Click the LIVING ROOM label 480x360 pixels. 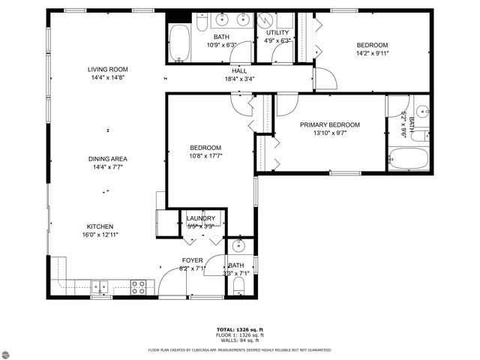click(109, 69)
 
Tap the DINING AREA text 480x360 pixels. click(109, 158)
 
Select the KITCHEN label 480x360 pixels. click(100, 226)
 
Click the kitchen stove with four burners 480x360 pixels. click(139, 286)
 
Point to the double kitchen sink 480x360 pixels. click(99, 286)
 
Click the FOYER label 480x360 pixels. click(192, 260)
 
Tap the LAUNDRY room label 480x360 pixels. click(200, 218)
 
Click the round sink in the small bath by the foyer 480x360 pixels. click(238, 245)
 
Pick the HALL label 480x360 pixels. click(239, 70)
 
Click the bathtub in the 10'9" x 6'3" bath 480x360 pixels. click(179, 42)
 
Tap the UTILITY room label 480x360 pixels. click(277, 33)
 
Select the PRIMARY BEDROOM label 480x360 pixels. click(330, 124)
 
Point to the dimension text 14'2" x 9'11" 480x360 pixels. click(372, 54)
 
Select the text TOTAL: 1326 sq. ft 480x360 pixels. click(240, 329)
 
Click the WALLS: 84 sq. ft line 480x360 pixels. click(240, 340)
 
